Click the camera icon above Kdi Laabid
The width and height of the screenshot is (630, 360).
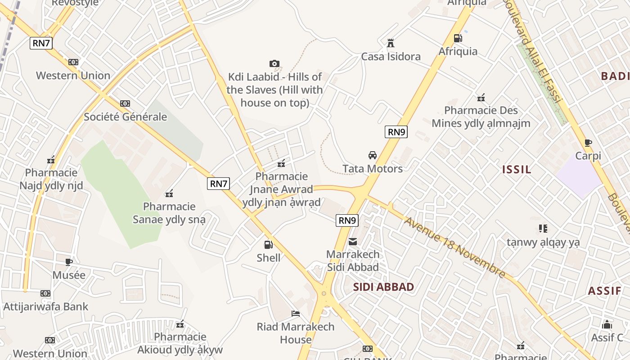pos(274,64)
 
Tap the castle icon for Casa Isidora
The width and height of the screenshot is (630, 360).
pos(391,43)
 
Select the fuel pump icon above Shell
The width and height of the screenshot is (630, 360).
pos(268,245)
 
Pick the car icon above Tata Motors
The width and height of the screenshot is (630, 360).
pos(373,155)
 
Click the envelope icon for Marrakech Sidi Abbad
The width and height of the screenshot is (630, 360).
pos(353,242)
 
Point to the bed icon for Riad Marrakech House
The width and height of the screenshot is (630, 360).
pos(296,314)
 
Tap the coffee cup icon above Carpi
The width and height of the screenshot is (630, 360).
pos(588,143)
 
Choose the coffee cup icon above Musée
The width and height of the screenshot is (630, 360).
pos(69,262)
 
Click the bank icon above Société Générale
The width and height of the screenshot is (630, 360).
pos(125,103)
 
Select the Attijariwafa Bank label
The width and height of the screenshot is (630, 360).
pos(46,307)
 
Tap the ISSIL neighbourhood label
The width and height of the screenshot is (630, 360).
pos(517,170)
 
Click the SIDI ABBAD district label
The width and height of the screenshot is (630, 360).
pos(383,287)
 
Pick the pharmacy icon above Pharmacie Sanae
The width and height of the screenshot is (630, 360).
pos(169,194)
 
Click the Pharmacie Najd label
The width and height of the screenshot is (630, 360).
pos(51,179)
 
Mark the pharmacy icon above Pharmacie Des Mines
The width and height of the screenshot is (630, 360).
pos(481,97)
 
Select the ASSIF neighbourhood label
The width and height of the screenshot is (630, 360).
pos(604,291)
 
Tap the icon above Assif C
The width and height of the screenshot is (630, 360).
pos(607,324)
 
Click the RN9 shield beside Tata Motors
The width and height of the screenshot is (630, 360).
pos(396,132)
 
